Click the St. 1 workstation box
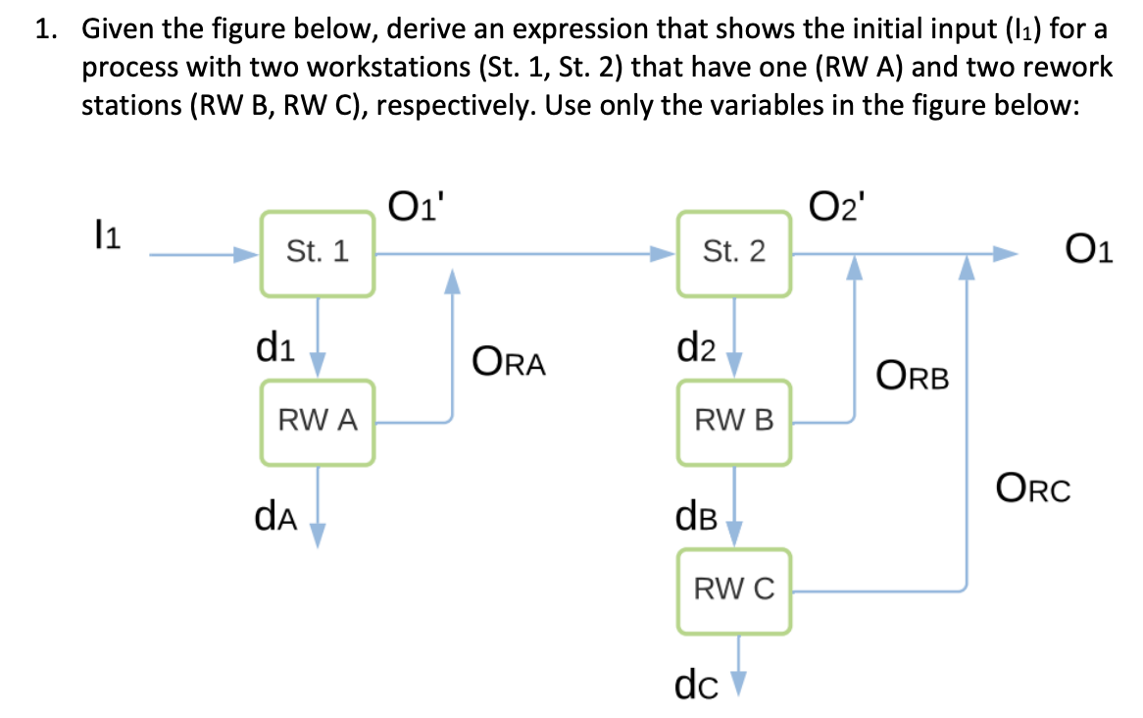point(317,253)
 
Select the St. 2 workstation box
point(734,253)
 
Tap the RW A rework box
point(317,423)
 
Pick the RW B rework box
point(734,423)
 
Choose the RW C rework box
point(734,590)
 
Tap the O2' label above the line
point(835,208)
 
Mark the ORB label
point(913,376)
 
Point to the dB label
point(695,514)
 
